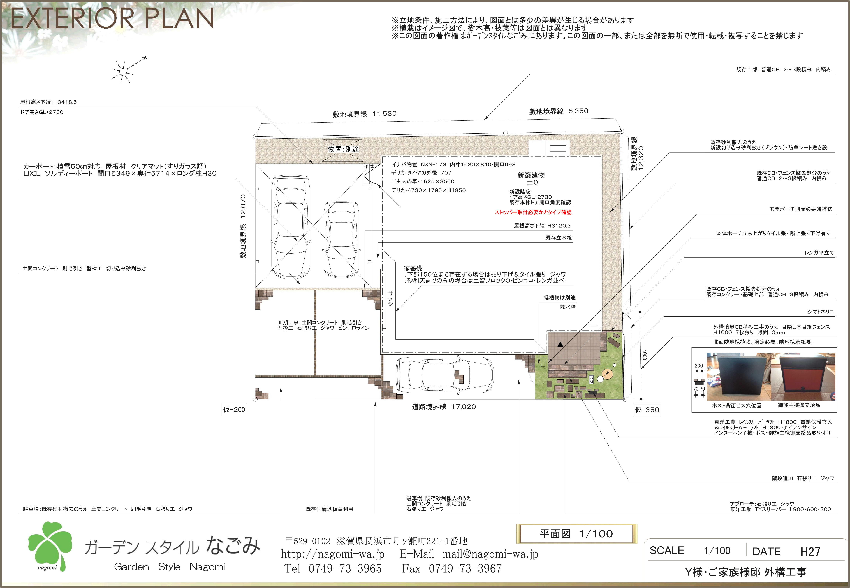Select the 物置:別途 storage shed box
click(342, 149)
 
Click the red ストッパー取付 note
click(533, 212)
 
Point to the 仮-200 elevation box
click(234, 409)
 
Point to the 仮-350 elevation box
click(647, 410)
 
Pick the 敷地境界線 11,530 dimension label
click(365, 114)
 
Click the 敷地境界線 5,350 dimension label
click(558, 111)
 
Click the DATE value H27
click(810, 552)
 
